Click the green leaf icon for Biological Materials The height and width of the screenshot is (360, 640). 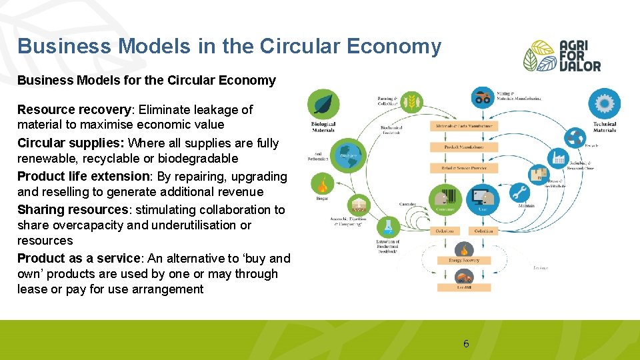tap(323, 105)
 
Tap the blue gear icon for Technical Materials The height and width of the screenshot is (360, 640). tap(604, 105)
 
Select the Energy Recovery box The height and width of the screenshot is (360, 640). tap(464, 260)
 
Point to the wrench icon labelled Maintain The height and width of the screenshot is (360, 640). tap(520, 193)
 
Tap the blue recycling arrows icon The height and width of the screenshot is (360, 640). tap(575, 138)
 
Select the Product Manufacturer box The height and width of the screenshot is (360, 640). tap(464, 147)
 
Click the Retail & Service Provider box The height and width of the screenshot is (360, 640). tap(464, 168)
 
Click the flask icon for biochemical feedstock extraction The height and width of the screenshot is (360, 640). tap(387, 227)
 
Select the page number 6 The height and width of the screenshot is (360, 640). tap(466, 344)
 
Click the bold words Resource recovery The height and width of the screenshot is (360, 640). tap(65, 109)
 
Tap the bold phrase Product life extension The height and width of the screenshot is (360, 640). tap(83, 177)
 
